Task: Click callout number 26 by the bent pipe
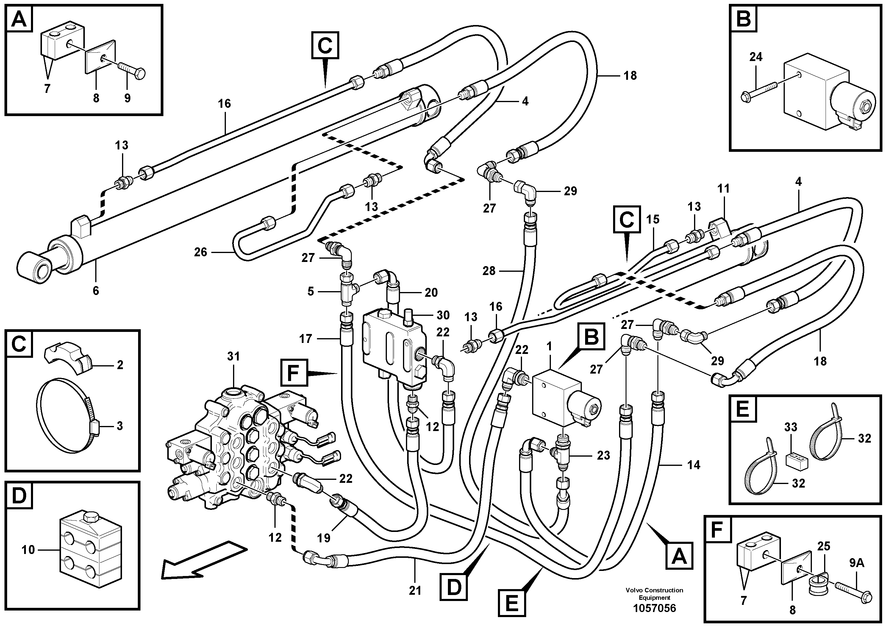[x=201, y=252]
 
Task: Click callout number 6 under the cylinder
[x=96, y=291]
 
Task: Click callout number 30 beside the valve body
[x=443, y=315]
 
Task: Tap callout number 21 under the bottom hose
[x=415, y=591]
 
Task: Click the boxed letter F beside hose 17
[x=294, y=373]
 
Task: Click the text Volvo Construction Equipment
[x=654, y=594]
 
